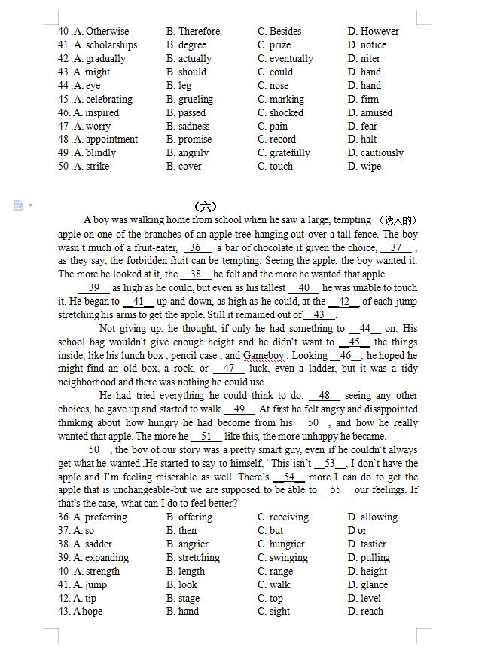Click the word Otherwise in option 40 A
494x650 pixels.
coord(107,31)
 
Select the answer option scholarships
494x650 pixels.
coord(111,44)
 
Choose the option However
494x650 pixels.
coord(380,31)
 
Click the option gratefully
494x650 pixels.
coord(289,152)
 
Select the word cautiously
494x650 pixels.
coord(382,152)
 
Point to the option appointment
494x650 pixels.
coord(111,139)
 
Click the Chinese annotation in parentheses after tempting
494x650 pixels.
coord(398,220)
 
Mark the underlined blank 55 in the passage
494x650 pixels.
coord(336,489)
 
